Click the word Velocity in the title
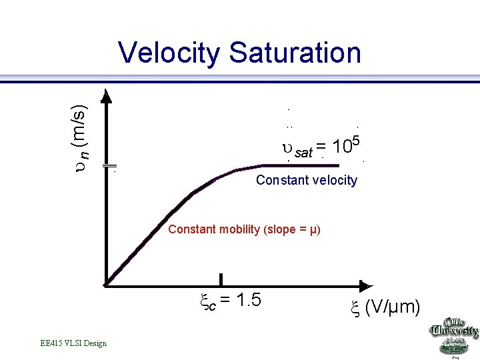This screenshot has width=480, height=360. pos(169,53)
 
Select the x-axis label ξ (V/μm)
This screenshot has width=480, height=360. pos(385,307)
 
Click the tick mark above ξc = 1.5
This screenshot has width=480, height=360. pos(221,280)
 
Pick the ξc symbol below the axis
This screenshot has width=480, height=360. pos(207,301)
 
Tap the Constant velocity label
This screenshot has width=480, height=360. pos(307,180)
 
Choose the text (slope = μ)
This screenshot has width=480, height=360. pos(292,229)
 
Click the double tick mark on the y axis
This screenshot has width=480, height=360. pos(110,165)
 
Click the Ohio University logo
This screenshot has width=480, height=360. pos(454,333)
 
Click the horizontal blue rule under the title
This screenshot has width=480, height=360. pos(240,80)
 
